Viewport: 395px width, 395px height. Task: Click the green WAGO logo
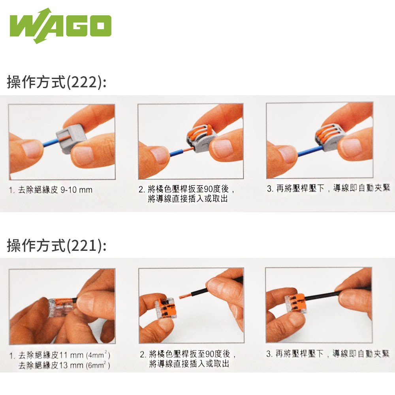pyautogui.click(x=60, y=26)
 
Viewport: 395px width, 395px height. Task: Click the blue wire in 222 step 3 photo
pyautogui.click(x=310, y=151)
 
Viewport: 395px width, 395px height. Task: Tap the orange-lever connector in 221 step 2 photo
pyautogui.click(x=166, y=307)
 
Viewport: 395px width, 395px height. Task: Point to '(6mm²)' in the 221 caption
pyautogui.click(x=98, y=365)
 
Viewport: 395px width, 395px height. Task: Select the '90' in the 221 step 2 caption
pyautogui.click(x=210, y=354)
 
